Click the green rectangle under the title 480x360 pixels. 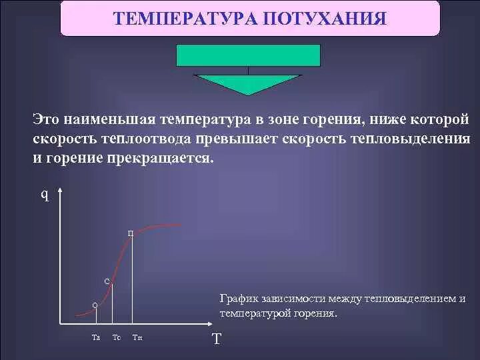[248, 55]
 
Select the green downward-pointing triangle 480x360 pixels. [248, 83]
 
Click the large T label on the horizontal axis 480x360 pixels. [216, 339]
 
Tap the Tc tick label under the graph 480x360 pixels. [117, 337]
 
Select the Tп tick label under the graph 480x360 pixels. [137, 337]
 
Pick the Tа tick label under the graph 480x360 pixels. [95, 337]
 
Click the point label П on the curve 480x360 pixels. [131, 233]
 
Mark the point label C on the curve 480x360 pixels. [107, 281]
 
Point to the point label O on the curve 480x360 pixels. [95, 305]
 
